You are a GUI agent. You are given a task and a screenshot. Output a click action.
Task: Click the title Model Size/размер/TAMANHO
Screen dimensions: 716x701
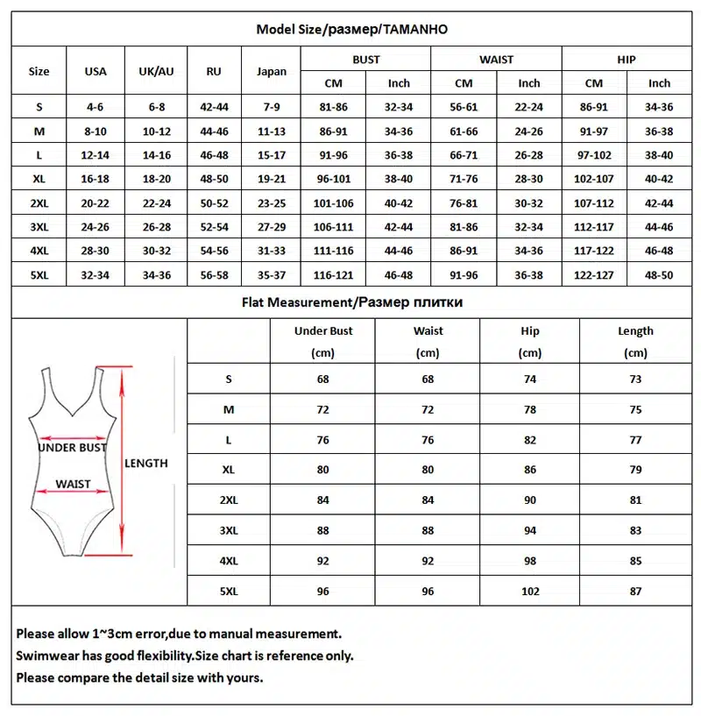tap(351, 29)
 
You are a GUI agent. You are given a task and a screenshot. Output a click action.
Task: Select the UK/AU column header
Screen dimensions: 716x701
tap(156, 71)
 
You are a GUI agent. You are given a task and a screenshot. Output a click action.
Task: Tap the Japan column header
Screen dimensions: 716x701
tap(272, 72)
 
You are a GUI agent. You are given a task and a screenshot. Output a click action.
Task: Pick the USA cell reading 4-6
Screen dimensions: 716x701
tap(95, 107)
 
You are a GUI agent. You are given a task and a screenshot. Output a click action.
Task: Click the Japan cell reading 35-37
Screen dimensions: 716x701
tap(272, 274)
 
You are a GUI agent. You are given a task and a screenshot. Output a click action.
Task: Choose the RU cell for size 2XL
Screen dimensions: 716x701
tap(214, 202)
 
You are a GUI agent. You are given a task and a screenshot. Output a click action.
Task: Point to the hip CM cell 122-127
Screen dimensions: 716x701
tap(594, 274)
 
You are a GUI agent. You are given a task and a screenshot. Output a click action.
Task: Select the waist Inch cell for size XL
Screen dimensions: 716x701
tap(528, 179)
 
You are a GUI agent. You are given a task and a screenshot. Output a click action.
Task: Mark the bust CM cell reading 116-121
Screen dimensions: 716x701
tap(334, 274)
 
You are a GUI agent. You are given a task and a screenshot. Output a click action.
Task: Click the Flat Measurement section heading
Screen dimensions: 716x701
tap(351, 302)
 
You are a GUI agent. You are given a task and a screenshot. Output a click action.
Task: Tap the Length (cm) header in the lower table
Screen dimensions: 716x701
tap(635, 342)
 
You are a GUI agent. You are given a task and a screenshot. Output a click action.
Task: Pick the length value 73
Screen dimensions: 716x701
tap(635, 379)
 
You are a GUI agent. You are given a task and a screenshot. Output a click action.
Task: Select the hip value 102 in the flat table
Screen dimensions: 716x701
tap(530, 592)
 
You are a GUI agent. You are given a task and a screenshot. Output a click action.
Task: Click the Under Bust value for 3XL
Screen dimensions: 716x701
tap(323, 530)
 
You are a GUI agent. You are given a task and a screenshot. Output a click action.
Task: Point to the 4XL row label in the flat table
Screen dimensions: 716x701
tap(229, 561)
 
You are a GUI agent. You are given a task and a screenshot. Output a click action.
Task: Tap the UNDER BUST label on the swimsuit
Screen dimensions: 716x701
tap(72, 448)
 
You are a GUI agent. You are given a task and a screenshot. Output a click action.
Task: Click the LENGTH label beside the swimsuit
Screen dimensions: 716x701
tap(146, 463)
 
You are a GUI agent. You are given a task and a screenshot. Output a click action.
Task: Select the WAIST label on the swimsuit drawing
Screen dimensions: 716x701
tap(73, 484)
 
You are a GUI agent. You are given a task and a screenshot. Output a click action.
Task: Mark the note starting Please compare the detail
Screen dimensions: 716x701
tap(140, 677)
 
